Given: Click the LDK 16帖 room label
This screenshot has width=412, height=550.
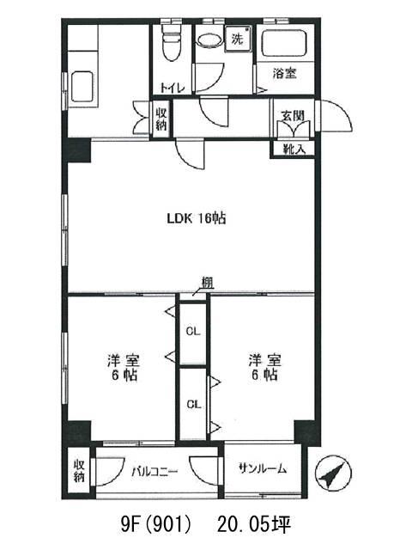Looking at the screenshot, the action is (x=197, y=219).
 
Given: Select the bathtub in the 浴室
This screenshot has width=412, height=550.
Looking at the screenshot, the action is (x=284, y=44).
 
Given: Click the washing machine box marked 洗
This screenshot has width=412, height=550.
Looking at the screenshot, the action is (x=238, y=38).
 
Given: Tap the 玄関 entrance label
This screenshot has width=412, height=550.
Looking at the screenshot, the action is (x=293, y=115).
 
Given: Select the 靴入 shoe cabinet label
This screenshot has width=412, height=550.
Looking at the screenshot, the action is (x=294, y=150).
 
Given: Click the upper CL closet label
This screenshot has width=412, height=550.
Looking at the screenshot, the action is (x=193, y=331).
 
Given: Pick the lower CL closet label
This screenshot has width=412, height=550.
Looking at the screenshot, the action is (x=194, y=405).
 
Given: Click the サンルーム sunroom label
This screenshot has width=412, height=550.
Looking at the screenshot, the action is (x=264, y=468).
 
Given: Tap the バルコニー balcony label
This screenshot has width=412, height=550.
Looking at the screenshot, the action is (x=154, y=472).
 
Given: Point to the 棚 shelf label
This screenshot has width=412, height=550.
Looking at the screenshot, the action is (x=208, y=283).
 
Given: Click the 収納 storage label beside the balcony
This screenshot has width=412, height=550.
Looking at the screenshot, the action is (x=79, y=471).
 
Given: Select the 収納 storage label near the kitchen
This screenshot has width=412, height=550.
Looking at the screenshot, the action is (x=161, y=119).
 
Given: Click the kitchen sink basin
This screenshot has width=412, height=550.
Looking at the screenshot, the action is (x=82, y=87).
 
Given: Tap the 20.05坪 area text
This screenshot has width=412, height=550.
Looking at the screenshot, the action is (x=254, y=524).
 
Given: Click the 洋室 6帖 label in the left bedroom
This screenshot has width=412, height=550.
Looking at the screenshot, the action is (x=124, y=367).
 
